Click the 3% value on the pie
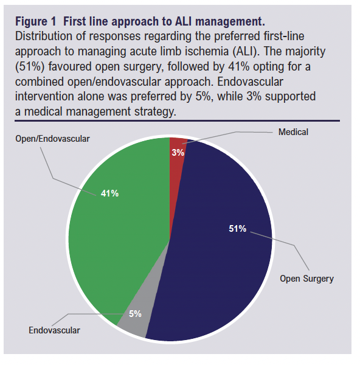[178, 153]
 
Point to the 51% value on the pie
[237, 228]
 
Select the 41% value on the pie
[109, 193]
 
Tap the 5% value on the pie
[135, 314]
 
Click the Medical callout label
[293, 132]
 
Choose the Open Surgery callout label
[306, 279]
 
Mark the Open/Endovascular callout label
[52, 139]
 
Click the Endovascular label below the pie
[54, 330]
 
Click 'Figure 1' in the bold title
[36, 21]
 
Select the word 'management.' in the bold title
[230, 22]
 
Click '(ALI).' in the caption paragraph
[246, 52]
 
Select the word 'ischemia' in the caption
[206, 51]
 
